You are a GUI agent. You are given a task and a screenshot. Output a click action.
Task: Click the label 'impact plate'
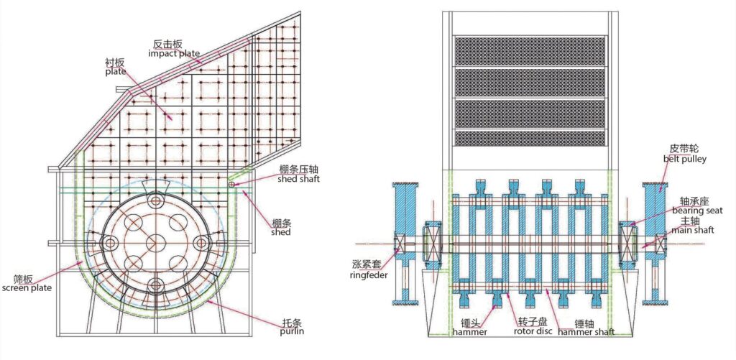(174, 53)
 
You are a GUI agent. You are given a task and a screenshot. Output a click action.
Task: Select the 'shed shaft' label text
(298, 179)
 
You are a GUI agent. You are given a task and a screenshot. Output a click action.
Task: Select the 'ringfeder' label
(369, 274)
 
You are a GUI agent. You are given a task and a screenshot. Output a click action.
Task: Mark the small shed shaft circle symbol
(231, 185)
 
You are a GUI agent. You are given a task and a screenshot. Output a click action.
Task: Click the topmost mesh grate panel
(530, 50)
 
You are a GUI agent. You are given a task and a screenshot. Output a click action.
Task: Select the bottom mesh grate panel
(530, 137)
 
